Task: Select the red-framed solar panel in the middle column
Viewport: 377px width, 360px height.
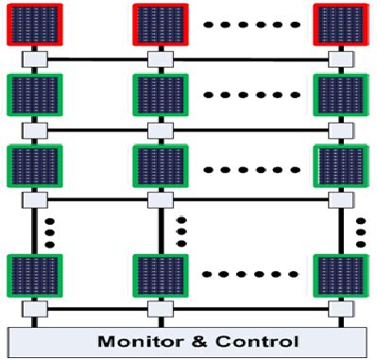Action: (x=157, y=25)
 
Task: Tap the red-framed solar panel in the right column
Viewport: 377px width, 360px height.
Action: (x=337, y=25)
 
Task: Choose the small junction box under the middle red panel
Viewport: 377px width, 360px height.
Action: (x=157, y=60)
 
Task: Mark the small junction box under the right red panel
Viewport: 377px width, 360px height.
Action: (x=337, y=60)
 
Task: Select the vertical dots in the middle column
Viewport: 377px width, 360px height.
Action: (x=180, y=228)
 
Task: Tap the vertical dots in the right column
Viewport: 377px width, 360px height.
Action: (x=360, y=228)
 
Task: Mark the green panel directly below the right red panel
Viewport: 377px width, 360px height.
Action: (x=337, y=96)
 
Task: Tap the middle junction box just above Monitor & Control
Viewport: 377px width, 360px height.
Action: (x=157, y=309)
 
